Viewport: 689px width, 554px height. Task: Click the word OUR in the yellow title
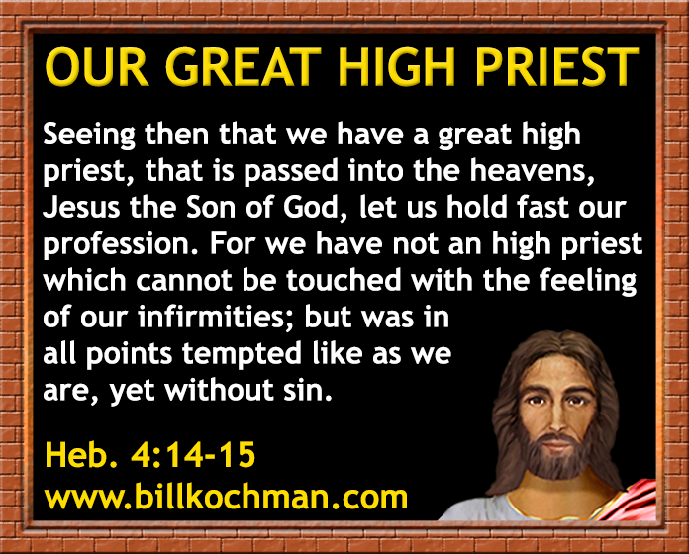pos(97,67)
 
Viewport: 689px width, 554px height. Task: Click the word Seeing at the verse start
pos(89,135)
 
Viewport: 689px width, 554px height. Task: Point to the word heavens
pos(532,170)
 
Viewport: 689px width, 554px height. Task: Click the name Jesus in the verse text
pos(81,207)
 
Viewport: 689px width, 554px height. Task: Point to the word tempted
pos(243,353)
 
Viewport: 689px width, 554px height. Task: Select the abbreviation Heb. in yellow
pos(77,455)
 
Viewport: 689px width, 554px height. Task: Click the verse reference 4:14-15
pos(193,455)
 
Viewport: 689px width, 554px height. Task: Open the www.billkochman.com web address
pos(227,497)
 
